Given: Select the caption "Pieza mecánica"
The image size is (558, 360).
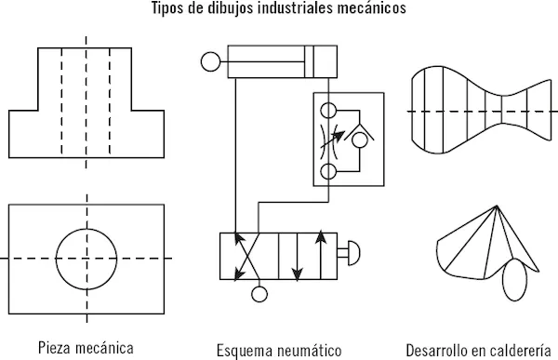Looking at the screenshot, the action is click(86, 348).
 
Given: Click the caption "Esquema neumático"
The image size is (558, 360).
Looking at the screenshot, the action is click(279, 351).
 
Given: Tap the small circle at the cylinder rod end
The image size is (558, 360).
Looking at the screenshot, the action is click(210, 61).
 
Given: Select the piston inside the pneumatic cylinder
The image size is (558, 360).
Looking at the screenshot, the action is click(309, 61).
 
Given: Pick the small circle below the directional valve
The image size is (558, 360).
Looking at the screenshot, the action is click(259, 294).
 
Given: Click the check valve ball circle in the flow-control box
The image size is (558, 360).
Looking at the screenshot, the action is click(359, 140).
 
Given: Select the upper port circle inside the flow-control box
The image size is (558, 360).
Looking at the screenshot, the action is click(328, 111).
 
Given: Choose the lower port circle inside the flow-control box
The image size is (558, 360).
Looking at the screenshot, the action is click(328, 172).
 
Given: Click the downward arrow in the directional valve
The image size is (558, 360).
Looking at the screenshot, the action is click(297, 257).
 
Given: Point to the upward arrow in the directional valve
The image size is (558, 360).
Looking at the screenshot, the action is click(321, 255).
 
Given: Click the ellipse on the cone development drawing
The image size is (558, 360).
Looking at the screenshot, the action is click(514, 279).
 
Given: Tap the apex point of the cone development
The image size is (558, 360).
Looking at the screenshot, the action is click(497, 206).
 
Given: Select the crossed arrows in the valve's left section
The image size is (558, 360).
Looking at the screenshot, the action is click(246, 257).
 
